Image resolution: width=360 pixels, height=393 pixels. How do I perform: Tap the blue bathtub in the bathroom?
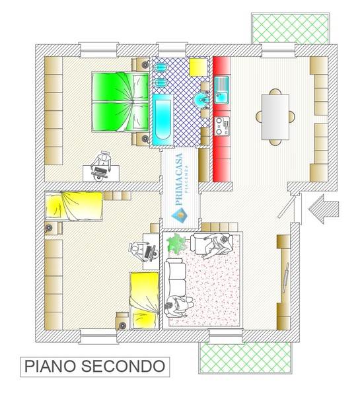pyautogui.click(x=161, y=120)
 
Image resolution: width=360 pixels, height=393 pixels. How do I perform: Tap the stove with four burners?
pyautogui.click(x=221, y=124)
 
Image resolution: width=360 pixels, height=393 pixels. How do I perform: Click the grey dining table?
pyautogui.click(x=275, y=117)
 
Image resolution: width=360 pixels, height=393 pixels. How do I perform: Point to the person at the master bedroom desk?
pyautogui.click(x=103, y=161)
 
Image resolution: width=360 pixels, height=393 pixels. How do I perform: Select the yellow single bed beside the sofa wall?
pyautogui.click(x=145, y=300)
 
